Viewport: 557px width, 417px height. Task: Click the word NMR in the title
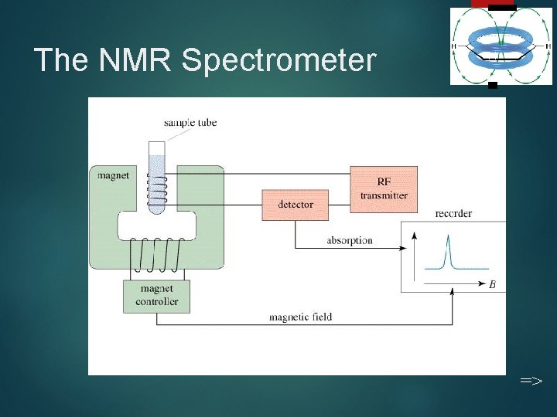[x=137, y=59]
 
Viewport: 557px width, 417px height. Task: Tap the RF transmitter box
[x=383, y=188]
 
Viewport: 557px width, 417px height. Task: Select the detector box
[x=296, y=205]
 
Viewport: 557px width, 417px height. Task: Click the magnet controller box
[x=156, y=296]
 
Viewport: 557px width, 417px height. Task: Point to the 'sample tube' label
[x=190, y=122]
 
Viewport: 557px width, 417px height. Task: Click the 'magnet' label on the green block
[x=114, y=175]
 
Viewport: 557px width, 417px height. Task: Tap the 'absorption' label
[x=349, y=240]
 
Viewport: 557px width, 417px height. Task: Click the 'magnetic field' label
[x=300, y=317]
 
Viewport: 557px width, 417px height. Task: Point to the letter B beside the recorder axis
[x=493, y=285]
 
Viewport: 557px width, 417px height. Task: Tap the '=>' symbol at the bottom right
[x=531, y=381]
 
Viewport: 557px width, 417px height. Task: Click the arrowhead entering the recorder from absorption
[x=403, y=248]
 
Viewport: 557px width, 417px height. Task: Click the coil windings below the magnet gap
[x=157, y=255]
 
